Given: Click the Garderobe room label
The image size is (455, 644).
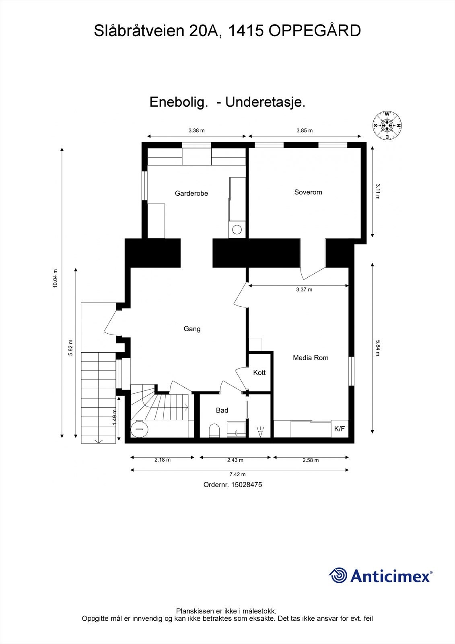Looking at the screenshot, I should point(191,194).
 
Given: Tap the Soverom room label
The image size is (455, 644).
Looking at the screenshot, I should point(308,192).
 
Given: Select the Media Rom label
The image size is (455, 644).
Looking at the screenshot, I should point(310,358).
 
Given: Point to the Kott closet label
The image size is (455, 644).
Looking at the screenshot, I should point(259,373).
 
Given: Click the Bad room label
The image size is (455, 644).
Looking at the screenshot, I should point(222,411).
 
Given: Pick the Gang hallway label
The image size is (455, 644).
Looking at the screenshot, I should point(192,329).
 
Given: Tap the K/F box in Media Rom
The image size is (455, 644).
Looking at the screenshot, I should point(339,429).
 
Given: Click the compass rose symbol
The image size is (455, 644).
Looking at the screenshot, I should point(387,125).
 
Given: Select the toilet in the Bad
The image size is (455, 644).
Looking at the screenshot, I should point(214,430).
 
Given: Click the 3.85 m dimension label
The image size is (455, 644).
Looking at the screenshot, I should point(304,130).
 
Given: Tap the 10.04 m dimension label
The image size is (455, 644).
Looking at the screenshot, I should point(56,278).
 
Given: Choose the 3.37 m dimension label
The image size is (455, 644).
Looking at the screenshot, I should point(304,289).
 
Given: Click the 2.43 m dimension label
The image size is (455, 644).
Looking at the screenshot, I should point(235,460).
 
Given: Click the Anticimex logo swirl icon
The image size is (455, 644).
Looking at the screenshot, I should point(338,575).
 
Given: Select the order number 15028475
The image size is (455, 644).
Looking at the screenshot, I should point(246,485).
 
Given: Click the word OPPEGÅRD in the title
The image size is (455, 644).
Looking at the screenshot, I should point(315,31).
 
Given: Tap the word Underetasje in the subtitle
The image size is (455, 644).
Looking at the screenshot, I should point(265,102).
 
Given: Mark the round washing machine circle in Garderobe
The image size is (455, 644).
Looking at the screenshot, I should point(237,230).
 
